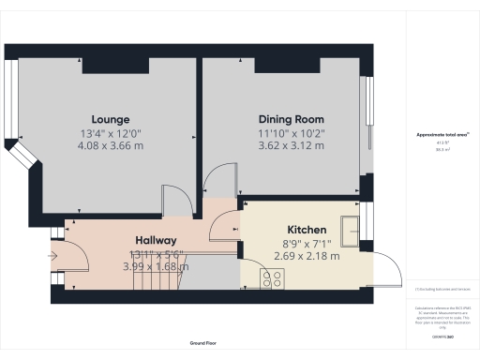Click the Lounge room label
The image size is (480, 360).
tap(104, 120)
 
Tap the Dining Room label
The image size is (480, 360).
tap(292, 119)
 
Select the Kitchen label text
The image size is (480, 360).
tap(307, 230)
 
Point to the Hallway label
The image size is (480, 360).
tap(156, 241)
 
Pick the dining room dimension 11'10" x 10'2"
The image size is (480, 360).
tap(292, 132)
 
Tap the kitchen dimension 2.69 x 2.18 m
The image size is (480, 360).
tap(307, 255)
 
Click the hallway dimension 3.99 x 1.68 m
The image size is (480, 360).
tap(156, 266)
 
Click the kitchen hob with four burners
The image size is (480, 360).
tap(273, 277)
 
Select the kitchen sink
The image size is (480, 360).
tap(353, 226)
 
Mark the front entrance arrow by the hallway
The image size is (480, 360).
tap(51, 252)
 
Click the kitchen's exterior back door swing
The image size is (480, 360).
tap(386, 267)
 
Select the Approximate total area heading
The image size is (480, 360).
tap(442, 135)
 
